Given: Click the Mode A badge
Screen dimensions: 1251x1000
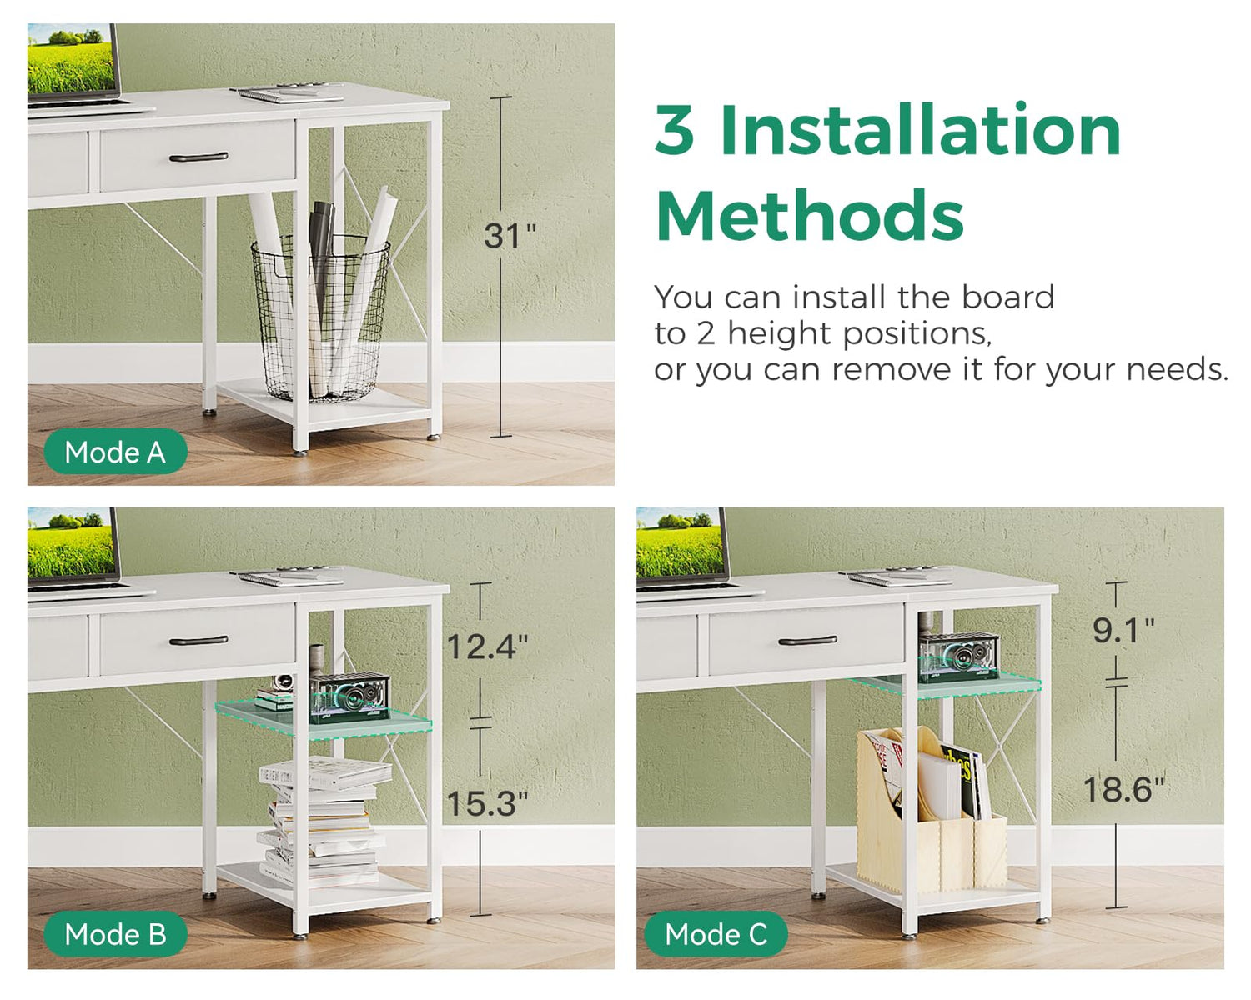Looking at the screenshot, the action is [x=115, y=451].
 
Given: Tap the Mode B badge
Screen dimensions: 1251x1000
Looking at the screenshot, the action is [x=115, y=934].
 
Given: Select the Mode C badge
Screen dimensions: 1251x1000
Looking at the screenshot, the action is [x=716, y=934].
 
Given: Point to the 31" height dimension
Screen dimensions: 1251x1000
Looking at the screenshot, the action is [x=510, y=235].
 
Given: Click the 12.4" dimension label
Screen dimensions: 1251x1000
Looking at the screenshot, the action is [x=487, y=646].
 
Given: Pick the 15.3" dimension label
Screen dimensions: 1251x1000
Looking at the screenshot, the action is [x=487, y=803].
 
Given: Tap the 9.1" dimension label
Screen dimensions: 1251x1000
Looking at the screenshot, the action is [x=1123, y=630].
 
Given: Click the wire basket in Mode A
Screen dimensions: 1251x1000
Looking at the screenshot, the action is [x=320, y=318].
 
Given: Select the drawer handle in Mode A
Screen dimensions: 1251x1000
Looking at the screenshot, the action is [x=198, y=157].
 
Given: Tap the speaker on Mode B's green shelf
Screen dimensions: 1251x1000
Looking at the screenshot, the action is [x=349, y=697].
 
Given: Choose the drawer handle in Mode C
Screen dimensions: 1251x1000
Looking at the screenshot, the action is [x=807, y=641].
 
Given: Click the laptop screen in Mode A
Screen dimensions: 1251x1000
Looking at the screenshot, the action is [x=71, y=58].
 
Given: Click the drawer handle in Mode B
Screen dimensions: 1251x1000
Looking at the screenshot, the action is [x=198, y=641].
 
